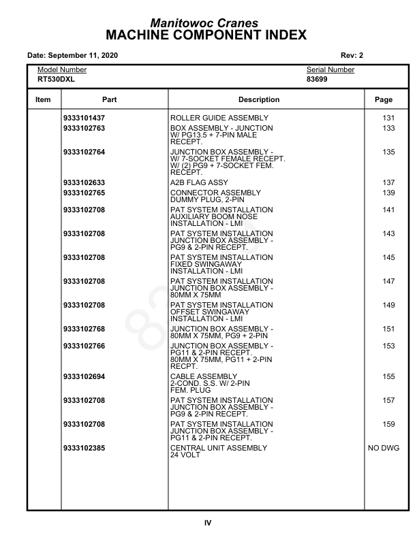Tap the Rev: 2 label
point(352,55)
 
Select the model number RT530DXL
point(56,80)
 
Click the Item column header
point(43,100)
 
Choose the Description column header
point(259,100)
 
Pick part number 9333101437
point(84,118)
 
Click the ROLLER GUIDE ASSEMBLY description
point(215,118)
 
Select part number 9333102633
point(84,183)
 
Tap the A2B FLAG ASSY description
point(199,183)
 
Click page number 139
point(388,193)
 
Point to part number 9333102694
point(84,377)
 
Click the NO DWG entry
point(384,449)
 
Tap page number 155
point(388,377)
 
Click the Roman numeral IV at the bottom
point(208,523)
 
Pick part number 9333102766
point(84,346)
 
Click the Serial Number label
point(330,70)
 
